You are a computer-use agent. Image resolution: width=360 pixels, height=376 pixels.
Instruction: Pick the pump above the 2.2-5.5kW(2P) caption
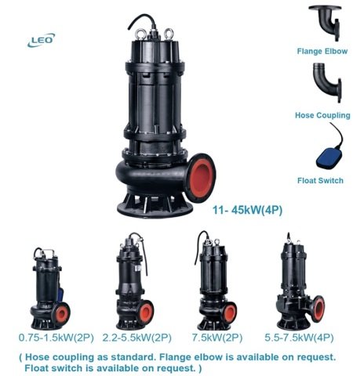click(x=130, y=282)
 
